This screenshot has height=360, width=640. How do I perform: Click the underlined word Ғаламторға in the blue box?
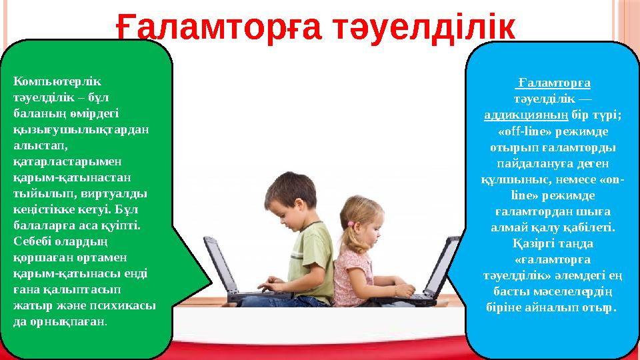554,83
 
